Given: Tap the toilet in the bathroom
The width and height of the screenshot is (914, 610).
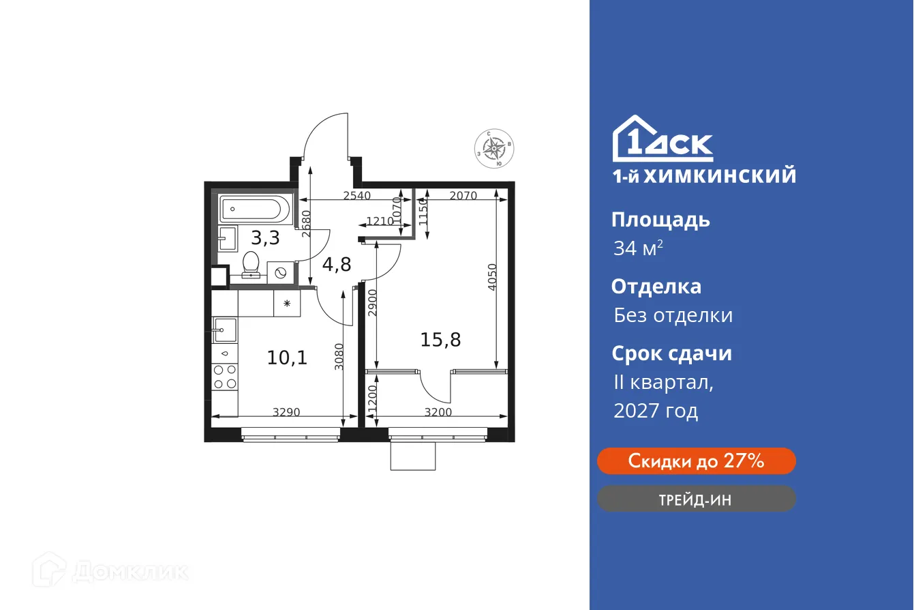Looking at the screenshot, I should pos(252,265).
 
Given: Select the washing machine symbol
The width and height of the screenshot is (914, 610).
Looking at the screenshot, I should pos(281,272).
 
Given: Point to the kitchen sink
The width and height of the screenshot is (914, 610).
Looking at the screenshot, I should pos(224,330).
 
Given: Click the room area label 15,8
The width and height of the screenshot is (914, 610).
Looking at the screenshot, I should pos(440,339).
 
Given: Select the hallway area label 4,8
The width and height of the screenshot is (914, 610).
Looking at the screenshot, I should pos(337,263).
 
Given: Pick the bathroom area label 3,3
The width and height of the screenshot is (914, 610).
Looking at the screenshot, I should pos(264,238).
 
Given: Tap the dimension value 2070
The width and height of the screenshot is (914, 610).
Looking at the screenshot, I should pos(463,196).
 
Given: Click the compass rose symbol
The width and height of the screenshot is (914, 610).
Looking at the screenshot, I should pos(494,148).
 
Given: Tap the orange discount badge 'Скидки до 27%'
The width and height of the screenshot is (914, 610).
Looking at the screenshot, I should pos(696,461).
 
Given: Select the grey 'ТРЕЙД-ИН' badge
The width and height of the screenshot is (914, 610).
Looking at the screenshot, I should pos(696,499).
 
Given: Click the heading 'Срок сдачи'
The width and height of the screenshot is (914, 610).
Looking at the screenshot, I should pos(671,353).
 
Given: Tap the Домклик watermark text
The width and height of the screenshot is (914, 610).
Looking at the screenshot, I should pos(130,571).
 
